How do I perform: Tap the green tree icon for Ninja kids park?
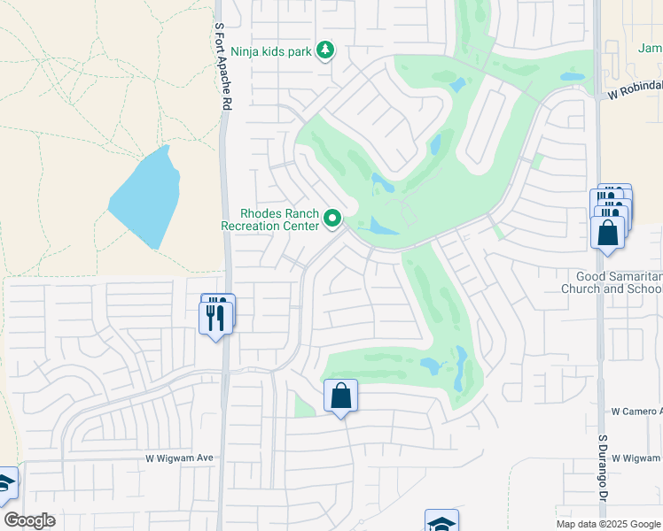[326, 50]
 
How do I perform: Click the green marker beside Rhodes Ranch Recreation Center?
[333, 218]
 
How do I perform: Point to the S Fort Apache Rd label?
[222, 67]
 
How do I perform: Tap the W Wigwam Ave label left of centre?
[180, 458]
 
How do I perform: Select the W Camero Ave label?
[636, 412]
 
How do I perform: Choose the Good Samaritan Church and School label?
[612, 282]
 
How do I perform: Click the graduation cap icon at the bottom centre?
[441, 522]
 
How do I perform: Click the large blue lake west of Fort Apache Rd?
[147, 197]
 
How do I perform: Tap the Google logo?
[29, 520]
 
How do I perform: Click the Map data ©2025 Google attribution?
[608, 524]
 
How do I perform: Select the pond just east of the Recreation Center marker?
[382, 227]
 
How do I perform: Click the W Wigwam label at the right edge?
[636, 458]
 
